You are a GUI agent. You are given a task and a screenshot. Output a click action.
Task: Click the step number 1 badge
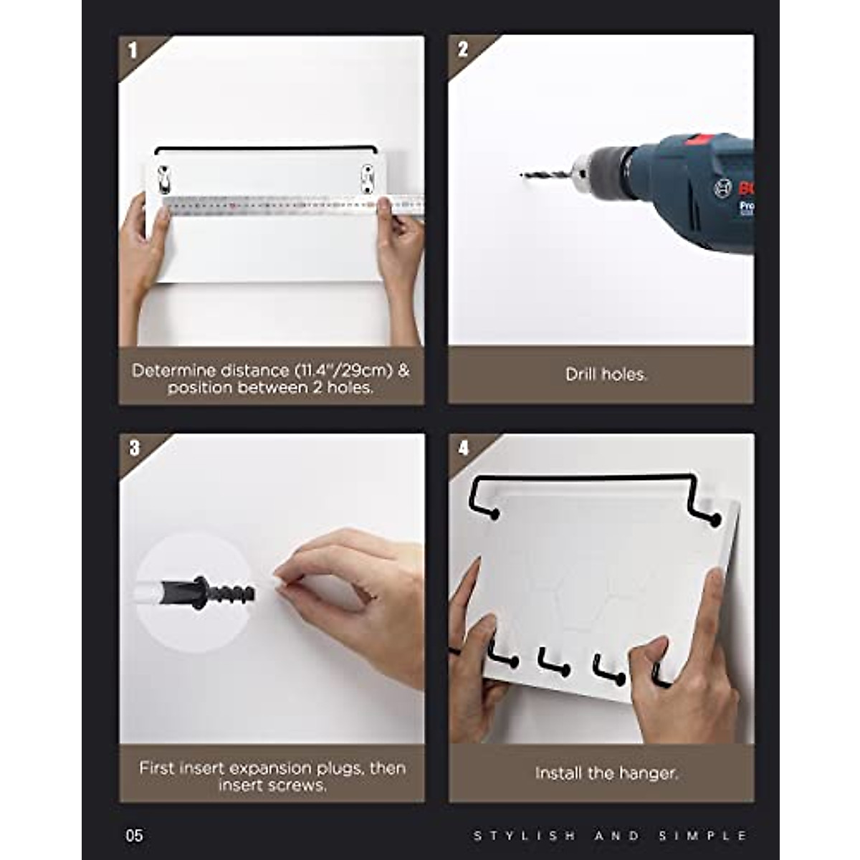133,51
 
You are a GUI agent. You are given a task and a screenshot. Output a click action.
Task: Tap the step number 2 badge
463,49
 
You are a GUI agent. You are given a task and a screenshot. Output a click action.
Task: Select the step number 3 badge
134,449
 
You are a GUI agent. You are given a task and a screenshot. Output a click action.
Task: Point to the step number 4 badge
464,449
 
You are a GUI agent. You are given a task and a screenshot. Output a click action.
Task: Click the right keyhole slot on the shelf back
367,178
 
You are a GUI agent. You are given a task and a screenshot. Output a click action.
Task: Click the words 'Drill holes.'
606,375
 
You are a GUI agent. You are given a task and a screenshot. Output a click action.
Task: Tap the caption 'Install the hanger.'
606,774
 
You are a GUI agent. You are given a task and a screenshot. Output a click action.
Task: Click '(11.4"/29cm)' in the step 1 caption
343,371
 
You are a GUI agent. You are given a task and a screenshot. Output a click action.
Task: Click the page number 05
134,836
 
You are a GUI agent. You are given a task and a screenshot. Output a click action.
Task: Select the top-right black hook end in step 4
713,519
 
